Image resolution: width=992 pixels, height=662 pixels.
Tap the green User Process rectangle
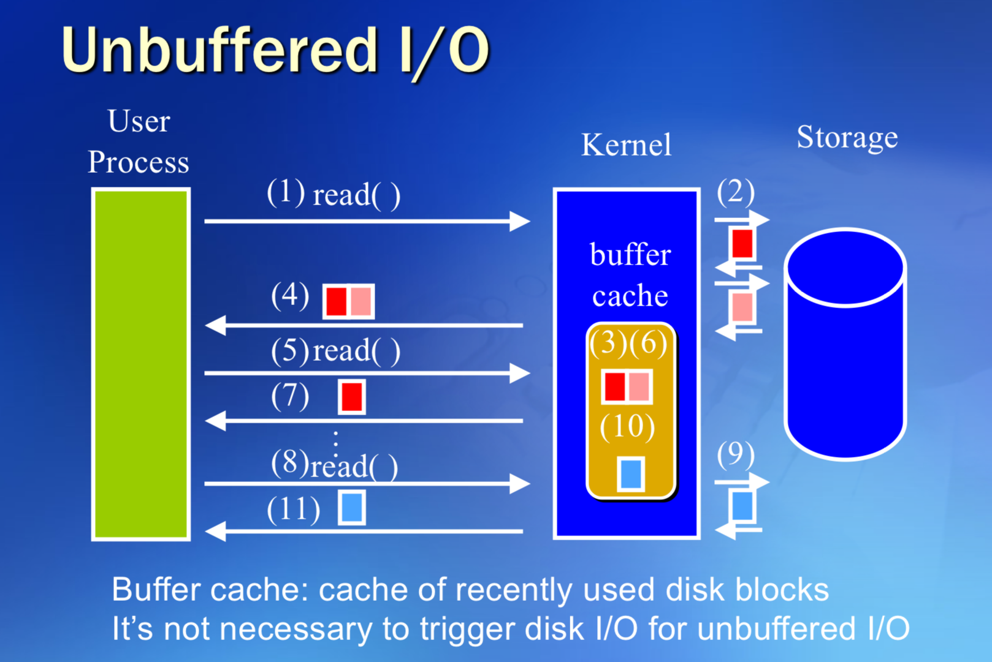[140, 364]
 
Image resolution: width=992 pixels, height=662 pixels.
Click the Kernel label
[626, 145]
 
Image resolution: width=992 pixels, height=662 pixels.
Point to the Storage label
[847, 137]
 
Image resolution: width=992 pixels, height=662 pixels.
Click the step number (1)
[286, 192]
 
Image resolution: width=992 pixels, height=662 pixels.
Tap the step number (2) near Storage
[736, 192]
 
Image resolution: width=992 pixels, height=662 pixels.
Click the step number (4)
[290, 296]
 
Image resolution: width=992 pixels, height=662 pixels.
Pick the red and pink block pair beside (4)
[349, 301]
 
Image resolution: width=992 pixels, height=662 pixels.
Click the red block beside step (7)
[352, 397]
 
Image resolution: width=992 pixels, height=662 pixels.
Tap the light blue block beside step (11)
[352, 508]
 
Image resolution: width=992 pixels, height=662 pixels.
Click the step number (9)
[736, 454]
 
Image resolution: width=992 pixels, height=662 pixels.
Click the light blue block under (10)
[630, 474]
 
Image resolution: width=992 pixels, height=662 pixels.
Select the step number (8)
[289, 462]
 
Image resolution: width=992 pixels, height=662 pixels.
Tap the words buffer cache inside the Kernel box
[630, 276]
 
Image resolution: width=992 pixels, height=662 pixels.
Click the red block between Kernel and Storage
[742, 244]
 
